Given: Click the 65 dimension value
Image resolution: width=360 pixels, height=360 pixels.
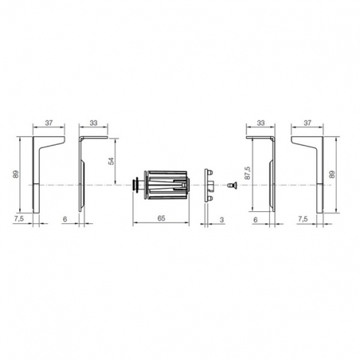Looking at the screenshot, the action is click(x=162, y=218).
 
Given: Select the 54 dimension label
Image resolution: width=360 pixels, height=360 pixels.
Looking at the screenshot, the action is click(x=111, y=161).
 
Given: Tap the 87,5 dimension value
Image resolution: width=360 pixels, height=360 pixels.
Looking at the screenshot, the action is click(x=247, y=173).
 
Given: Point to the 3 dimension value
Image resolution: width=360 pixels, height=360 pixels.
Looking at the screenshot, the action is click(x=222, y=220).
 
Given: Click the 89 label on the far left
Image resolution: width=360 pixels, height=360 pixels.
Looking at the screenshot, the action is click(x=16, y=174).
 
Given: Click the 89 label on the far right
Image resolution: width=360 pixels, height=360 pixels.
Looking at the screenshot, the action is click(x=332, y=174).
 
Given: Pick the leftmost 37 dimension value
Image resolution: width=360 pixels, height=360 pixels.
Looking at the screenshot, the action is click(x=49, y=123).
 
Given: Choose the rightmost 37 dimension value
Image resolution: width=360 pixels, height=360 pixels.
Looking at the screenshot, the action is click(x=308, y=123).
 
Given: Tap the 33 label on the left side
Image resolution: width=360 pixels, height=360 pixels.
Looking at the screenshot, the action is click(x=94, y=123).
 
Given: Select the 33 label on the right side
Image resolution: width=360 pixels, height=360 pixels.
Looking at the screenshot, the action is click(x=261, y=123).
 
